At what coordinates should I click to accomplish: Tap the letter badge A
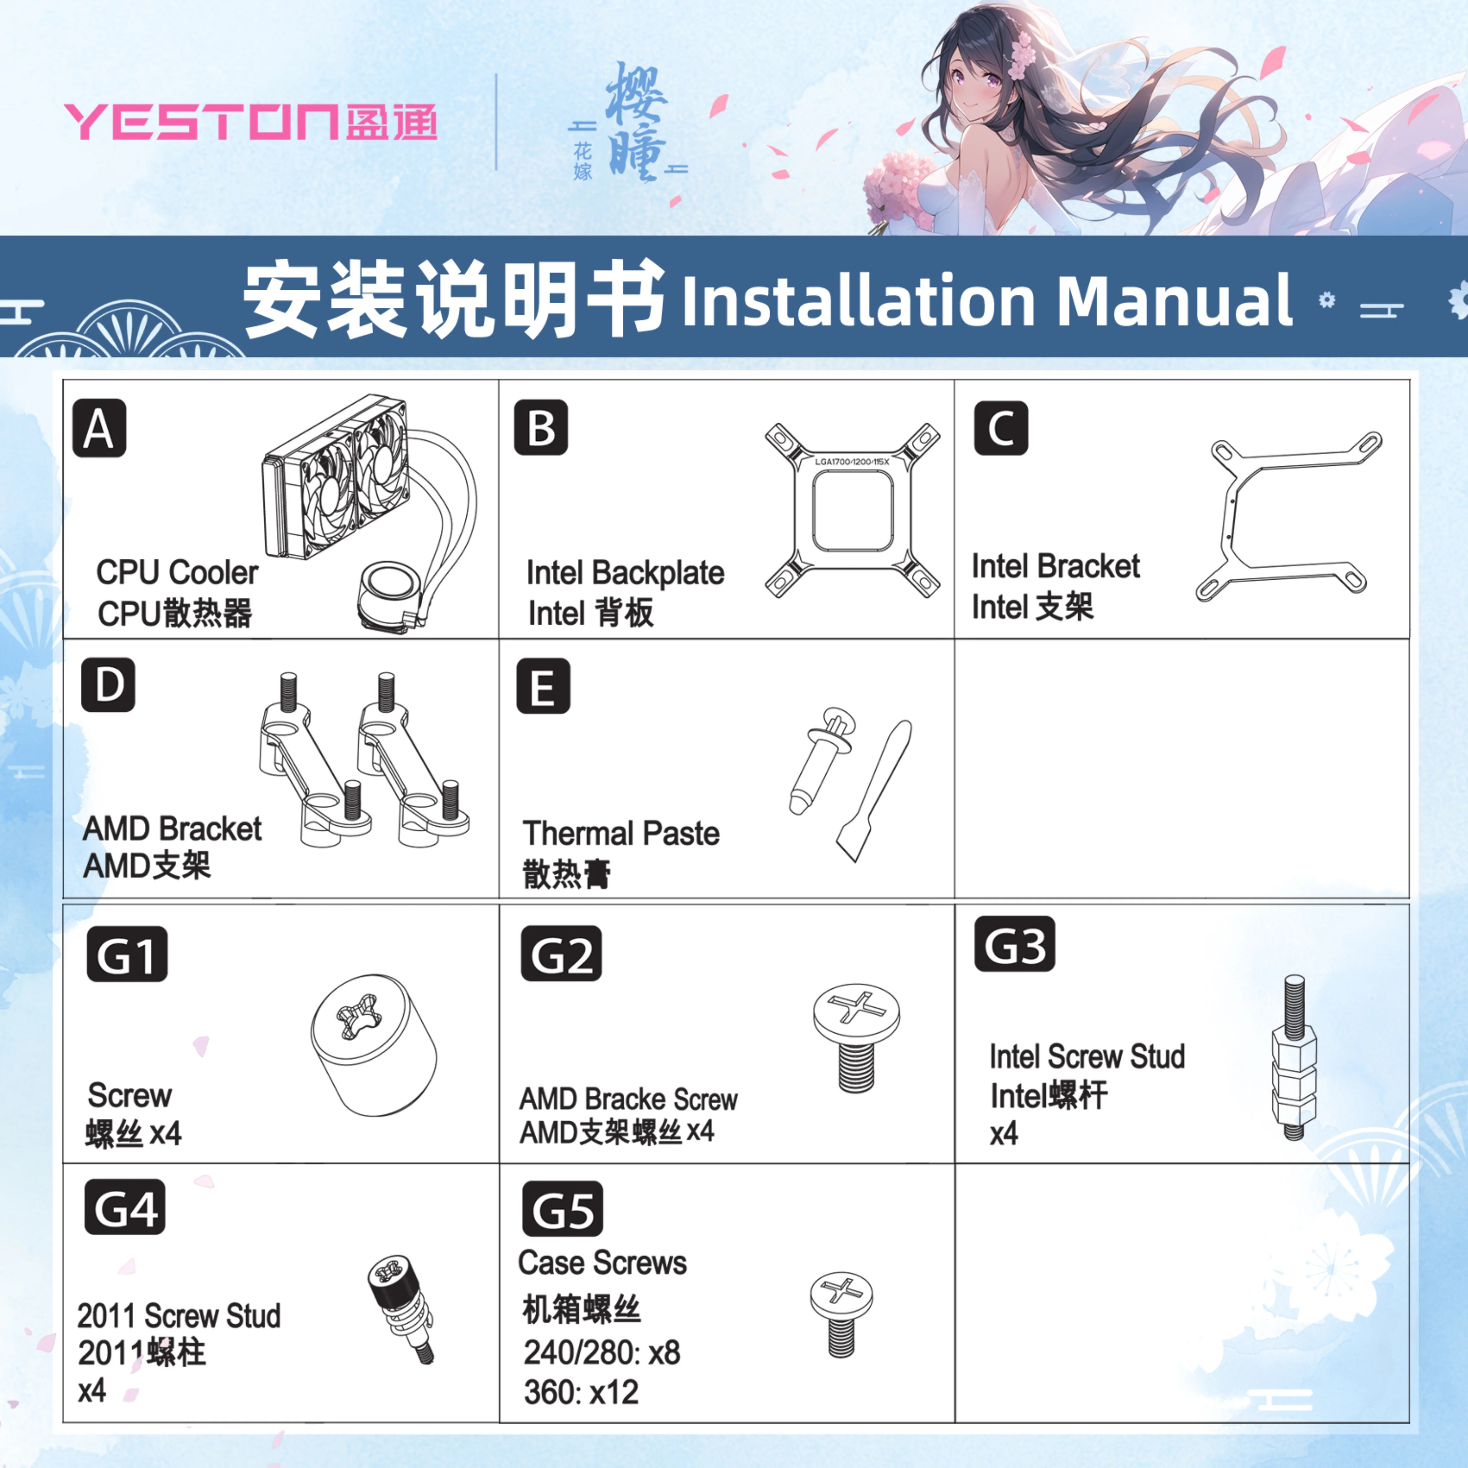(x=99, y=428)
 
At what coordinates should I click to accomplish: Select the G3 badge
(x=1014, y=944)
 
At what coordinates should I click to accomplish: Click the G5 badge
(x=562, y=1209)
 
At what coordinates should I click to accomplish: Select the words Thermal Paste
(x=621, y=834)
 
